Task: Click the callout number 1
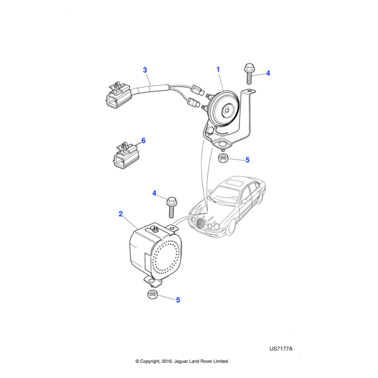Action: coord(218,69)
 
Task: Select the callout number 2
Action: coord(120,214)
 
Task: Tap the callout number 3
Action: coord(144,70)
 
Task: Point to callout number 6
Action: coord(143,140)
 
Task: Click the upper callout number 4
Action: coord(268,73)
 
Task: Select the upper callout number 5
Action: coord(248,160)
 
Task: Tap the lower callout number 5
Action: coord(178,300)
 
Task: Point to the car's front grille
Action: coord(203,224)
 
